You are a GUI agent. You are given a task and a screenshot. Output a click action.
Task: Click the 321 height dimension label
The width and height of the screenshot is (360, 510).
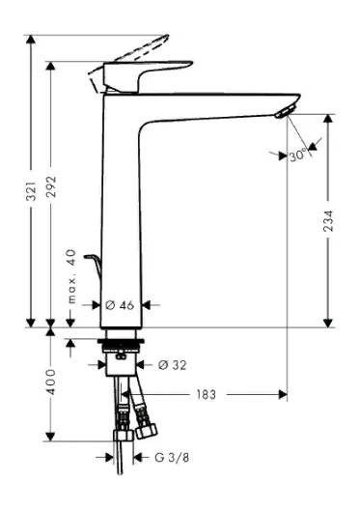pyautogui.click(x=31, y=191)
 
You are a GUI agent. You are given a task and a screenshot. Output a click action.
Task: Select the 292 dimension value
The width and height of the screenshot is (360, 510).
pyautogui.click(x=51, y=186)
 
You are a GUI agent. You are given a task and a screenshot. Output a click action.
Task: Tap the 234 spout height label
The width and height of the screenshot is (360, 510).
pyautogui.click(x=328, y=221)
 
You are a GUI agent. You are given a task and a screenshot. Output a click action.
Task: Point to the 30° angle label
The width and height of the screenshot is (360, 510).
pyautogui.click(x=298, y=156)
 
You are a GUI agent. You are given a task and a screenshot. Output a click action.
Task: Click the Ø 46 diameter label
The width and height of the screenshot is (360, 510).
pyautogui.click(x=120, y=305)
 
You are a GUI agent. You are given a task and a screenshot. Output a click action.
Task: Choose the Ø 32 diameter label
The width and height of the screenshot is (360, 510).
pyautogui.click(x=172, y=365)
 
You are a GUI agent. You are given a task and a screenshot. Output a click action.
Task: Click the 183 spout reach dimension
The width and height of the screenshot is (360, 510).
pyautogui.click(x=206, y=394)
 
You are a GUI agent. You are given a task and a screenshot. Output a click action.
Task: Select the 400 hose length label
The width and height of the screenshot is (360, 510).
pyautogui.click(x=51, y=382)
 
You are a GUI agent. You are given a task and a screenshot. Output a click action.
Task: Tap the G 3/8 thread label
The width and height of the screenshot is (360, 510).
pyautogui.click(x=172, y=458)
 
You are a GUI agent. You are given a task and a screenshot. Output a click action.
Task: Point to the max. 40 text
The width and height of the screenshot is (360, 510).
pyautogui.click(x=71, y=276)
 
